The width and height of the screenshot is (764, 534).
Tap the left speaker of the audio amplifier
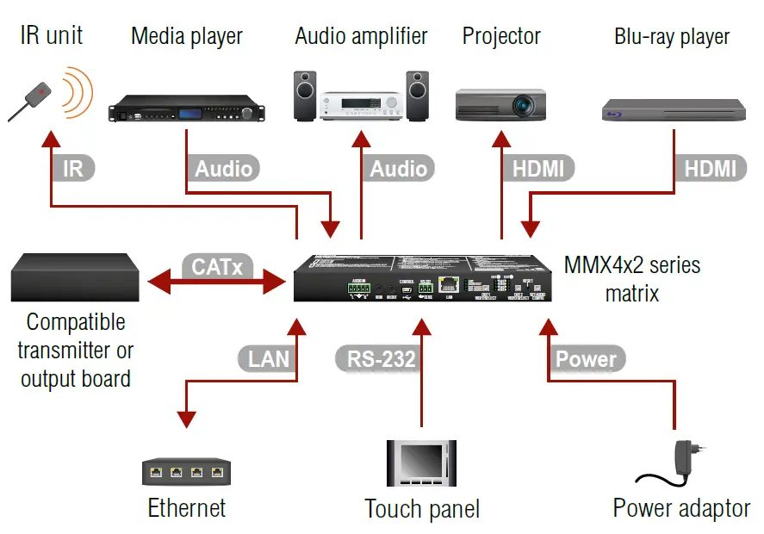305,96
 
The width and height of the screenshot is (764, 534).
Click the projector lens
524,105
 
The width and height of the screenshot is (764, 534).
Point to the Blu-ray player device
673,110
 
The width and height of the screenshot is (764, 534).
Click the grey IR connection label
73,168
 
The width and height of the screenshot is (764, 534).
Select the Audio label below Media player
223,168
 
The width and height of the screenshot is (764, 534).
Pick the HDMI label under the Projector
539,168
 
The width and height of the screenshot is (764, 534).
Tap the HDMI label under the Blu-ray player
710,168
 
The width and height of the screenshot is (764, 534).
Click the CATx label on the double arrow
217,267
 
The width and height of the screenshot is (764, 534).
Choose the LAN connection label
268,357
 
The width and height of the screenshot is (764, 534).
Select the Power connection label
586,357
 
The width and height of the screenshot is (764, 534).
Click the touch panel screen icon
421,464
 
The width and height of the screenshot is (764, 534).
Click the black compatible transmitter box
76,276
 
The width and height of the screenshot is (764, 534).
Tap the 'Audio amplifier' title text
361,36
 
